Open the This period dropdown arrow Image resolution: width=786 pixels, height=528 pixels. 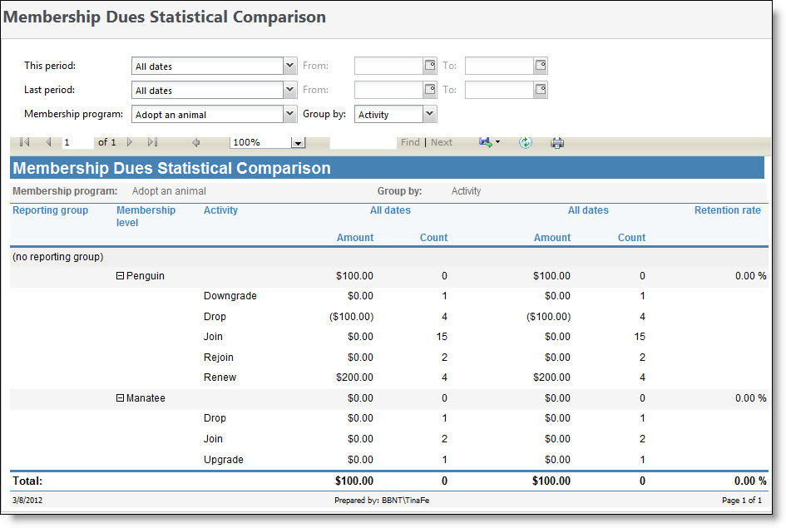point(289,66)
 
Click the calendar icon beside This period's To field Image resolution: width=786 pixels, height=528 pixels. point(540,66)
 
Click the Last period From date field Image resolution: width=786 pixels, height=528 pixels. point(388,90)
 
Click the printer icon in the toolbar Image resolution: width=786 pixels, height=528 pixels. point(557,142)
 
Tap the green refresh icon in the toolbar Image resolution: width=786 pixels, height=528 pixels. point(526,142)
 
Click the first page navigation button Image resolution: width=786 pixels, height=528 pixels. point(24,142)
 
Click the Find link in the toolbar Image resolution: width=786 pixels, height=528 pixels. point(410,142)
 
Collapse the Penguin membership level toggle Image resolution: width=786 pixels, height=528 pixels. point(120,276)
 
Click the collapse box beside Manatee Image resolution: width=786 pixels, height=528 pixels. point(120,398)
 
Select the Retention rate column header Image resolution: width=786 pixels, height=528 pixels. point(727,210)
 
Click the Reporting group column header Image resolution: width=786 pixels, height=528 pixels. point(51,210)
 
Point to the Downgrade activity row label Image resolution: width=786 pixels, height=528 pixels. point(230,296)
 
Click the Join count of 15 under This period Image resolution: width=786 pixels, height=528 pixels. point(441,337)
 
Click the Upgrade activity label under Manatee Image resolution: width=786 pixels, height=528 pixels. point(224,460)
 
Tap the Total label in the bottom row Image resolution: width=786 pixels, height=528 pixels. point(27,481)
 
